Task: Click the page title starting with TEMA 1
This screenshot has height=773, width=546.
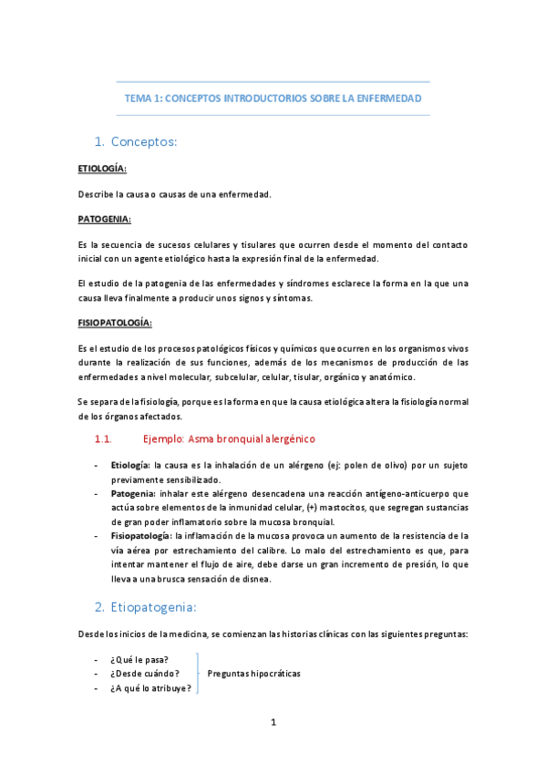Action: click(273, 98)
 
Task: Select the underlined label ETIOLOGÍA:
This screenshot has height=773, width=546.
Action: click(102, 170)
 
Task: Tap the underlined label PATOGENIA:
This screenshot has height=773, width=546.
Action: click(104, 220)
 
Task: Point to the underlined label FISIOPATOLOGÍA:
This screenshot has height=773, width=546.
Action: click(115, 323)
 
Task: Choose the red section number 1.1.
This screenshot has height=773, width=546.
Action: click(103, 439)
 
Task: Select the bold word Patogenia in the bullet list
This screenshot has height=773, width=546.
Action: click(132, 493)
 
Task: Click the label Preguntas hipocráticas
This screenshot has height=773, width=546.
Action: click(253, 674)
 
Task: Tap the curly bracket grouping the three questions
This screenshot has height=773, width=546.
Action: click(198, 674)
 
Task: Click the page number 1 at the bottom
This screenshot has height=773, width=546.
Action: click(273, 723)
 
